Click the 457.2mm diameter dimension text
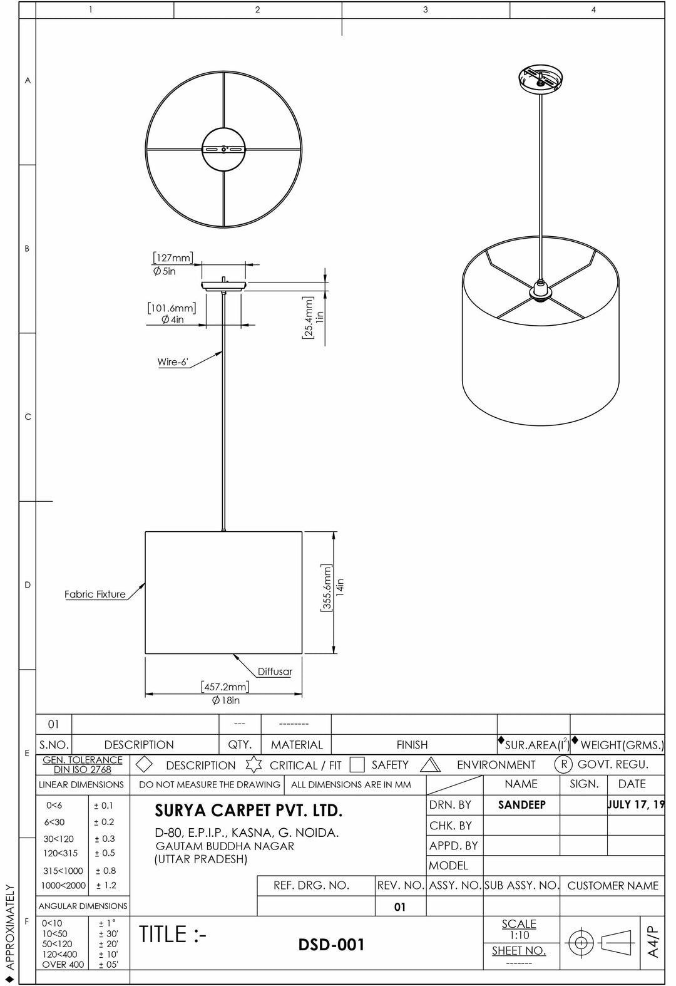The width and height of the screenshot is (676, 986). [225, 687]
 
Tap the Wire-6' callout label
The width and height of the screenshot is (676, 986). [172, 362]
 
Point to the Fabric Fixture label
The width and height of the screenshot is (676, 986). [95, 594]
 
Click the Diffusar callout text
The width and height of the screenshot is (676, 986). [275, 672]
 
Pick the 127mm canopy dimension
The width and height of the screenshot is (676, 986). [173, 258]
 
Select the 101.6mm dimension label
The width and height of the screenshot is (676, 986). [172, 308]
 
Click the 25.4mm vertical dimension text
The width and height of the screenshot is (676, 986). [307, 318]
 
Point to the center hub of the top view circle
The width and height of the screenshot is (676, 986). [224, 149]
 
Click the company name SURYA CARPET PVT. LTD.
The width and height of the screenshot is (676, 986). [248, 811]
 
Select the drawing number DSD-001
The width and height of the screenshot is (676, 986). [332, 945]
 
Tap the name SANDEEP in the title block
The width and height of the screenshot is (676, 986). [521, 805]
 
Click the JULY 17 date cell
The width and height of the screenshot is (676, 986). [635, 805]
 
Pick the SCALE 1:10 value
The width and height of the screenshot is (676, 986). [519, 935]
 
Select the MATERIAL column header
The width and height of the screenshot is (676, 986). [297, 745]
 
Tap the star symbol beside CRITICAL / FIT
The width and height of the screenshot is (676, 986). [253, 765]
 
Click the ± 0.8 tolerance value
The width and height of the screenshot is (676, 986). [106, 870]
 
